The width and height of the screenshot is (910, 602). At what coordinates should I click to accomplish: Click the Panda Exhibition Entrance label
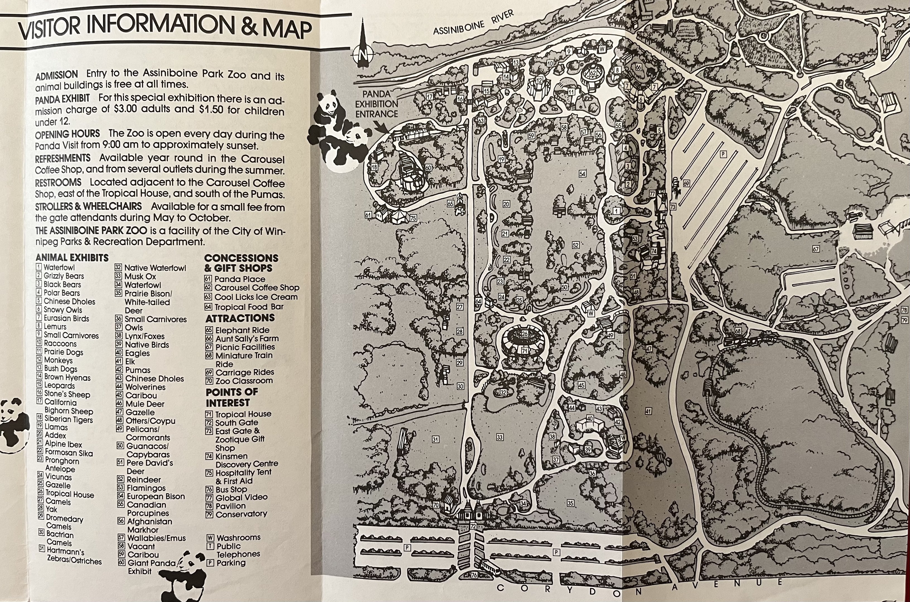pos(376,104)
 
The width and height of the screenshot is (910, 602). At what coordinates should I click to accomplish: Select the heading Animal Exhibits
pos(72,258)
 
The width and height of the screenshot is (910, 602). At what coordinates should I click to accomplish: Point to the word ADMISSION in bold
pos(56,75)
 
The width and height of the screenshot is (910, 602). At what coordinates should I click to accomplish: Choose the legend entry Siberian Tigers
pos(68,419)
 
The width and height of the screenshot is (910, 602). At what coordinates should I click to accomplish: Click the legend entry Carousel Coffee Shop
pos(256,288)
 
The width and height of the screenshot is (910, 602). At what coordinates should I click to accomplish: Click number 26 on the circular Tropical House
pos(524,334)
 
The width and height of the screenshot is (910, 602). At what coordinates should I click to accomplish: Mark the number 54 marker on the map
pos(582,174)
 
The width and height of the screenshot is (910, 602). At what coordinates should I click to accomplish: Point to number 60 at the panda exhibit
pos(428,168)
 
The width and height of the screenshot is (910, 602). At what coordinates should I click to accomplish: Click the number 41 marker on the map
pos(648,411)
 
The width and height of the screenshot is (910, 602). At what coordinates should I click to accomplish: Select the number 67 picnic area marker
pos(815,249)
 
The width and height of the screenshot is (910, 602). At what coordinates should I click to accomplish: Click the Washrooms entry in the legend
pos(238,538)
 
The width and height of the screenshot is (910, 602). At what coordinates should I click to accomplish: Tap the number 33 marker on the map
pos(500,437)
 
